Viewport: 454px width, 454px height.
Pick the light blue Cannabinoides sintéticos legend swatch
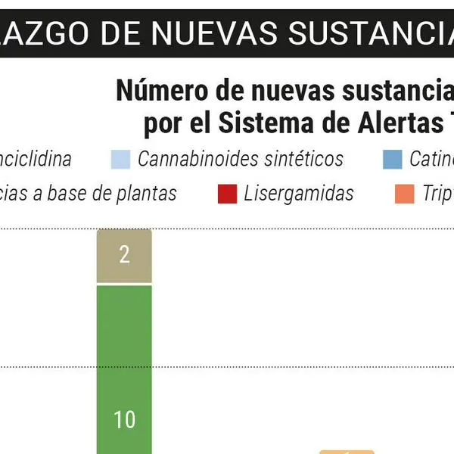pos(120,159)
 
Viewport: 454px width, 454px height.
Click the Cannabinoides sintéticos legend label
pos(240,159)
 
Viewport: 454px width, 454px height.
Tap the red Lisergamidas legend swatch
pos(227,194)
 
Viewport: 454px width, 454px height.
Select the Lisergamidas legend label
pos(298,194)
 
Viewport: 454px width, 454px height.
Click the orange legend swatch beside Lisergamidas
pos(405,194)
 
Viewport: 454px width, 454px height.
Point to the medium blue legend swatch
pos(392,159)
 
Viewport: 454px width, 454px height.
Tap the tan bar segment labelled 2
pos(124,256)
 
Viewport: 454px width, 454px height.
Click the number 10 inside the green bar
pos(124,419)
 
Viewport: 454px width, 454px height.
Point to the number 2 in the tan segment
pos(124,255)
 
